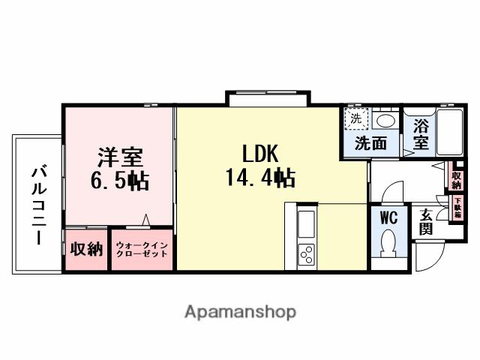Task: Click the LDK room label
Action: click(260, 154)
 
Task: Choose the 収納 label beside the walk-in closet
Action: click(86, 250)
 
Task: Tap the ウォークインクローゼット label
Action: click(143, 249)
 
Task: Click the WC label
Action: click(388, 218)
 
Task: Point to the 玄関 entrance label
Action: click(425, 222)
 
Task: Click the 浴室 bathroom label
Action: click(421, 133)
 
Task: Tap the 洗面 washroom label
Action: click(370, 142)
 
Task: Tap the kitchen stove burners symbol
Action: click(306, 255)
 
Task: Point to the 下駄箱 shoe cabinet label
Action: click(457, 207)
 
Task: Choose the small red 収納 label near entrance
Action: click(456, 177)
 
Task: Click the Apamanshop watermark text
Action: click(241, 311)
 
